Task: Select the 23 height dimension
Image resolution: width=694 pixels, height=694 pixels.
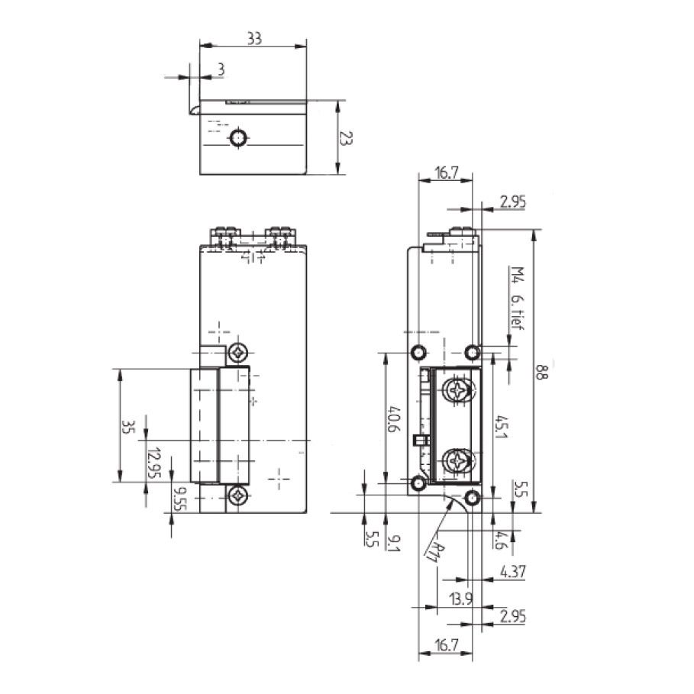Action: click(x=346, y=137)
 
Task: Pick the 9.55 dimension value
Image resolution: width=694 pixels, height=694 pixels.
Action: click(x=179, y=497)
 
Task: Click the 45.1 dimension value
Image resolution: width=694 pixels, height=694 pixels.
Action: click(x=501, y=428)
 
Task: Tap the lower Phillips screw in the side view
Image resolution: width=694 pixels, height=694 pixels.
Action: click(x=458, y=460)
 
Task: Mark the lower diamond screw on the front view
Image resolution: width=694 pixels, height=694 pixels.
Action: click(x=240, y=496)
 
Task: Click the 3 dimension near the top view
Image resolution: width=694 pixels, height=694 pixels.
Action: click(x=221, y=69)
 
